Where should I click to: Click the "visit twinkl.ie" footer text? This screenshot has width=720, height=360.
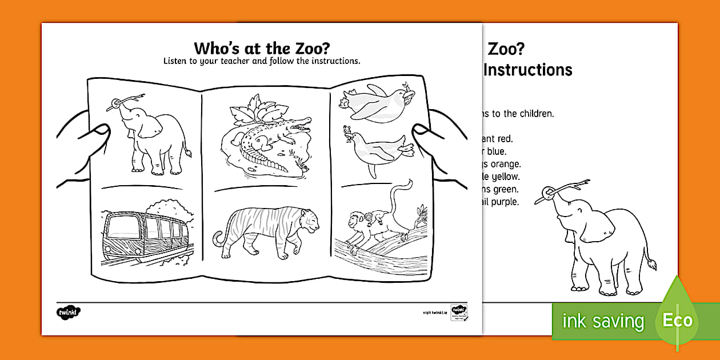pos(434,313)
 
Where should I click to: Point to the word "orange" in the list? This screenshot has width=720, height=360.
pos(503,164)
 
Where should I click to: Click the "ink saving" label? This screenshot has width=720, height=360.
pos(603,321)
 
